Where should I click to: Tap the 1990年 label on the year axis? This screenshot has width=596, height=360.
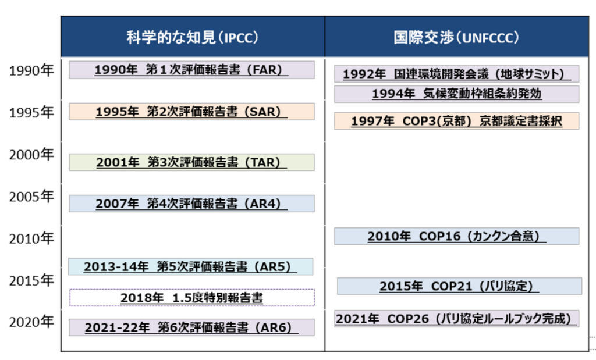click(x=31, y=70)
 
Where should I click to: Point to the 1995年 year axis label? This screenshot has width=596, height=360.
click(x=31, y=112)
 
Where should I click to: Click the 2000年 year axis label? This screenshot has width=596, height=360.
click(x=31, y=155)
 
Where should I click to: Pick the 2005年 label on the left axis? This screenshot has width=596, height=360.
click(x=31, y=197)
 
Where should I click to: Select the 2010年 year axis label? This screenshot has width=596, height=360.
click(x=31, y=238)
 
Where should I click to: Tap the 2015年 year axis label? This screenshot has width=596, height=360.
click(x=31, y=281)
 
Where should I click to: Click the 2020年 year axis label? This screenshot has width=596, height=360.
click(x=31, y=322)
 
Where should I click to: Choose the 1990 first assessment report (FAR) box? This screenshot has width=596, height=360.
click(x=191, y=70)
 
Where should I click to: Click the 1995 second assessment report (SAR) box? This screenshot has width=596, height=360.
click(x=191, y=112)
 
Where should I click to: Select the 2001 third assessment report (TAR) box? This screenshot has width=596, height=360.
click(x=191, y=162)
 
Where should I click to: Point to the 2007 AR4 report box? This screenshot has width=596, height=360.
click(x=191, y=204)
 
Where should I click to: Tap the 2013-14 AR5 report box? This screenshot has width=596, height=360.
click(x=191, y=266)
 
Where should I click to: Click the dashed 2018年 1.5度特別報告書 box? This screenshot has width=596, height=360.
click(x=192, y=298)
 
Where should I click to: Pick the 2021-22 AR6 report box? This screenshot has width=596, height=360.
click(x=191, y=327)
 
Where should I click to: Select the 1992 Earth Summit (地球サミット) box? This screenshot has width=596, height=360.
click(x=457, y=74)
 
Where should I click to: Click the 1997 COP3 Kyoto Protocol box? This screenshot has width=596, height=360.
click(x=457, y=121)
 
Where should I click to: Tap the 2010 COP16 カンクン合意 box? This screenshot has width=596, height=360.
click(x=457, y=236)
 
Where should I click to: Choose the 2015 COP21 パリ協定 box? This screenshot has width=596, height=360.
click(x=460, y=286)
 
